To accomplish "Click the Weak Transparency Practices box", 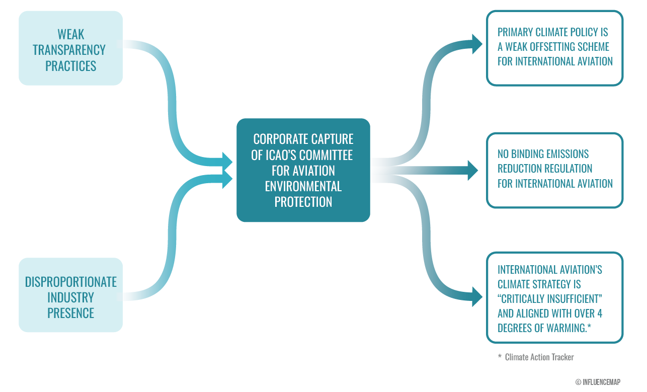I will pos(70,48).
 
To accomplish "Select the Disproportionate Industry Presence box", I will pos(70,295).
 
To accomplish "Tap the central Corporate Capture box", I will pos(303,170).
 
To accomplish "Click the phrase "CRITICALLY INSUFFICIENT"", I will pos(550,299).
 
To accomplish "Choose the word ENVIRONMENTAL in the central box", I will pos(303,186).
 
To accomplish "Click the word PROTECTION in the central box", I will pos(303,202).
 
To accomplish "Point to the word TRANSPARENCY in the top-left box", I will pos(69,50).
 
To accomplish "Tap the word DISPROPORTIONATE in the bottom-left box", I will pos(71,282).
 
